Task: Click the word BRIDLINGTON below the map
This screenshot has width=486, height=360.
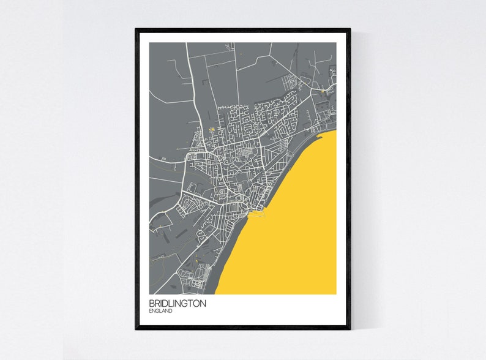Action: pyautogui.click(x=177, y=303)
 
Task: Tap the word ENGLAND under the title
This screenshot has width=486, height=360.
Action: pyautogui.click(x=160, y=311)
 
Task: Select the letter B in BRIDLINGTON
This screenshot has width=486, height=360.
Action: pyautogui.click(x=151, y=303)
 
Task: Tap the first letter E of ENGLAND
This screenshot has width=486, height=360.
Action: pyautogui.click(x=150, y=311)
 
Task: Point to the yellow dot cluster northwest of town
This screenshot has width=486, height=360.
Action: pyautogui.click(x=211, y=129)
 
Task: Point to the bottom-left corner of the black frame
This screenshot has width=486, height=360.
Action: pyautogui.click(x=136, y=328)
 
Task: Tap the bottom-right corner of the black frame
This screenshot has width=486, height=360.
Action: pyautogui.click(x=350, y=328)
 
